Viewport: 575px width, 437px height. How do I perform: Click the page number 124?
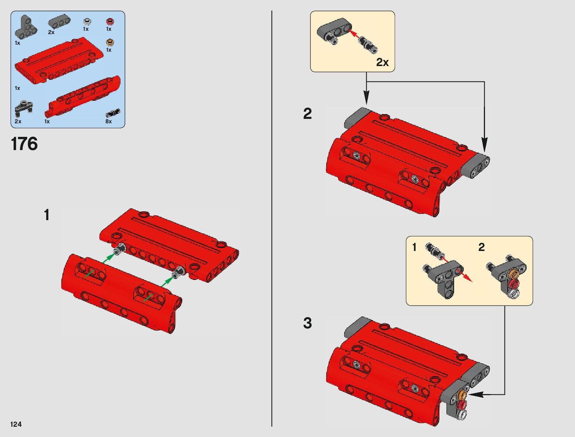pyautogui.click(x=16, y=424)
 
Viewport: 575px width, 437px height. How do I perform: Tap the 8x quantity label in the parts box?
pyautogui.click(x=108, y=121)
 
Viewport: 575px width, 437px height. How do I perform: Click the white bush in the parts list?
pyautogui.click(x=87, y=21)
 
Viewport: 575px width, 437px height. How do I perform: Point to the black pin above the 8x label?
pyautogui.click(x=113, y=113)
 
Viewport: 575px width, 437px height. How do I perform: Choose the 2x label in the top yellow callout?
pyautogui.click(x=382, y=62)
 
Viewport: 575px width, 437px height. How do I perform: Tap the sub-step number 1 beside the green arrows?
pyautogui.click(x=47, y=215)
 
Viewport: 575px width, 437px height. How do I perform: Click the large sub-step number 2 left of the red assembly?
pyautogui.click(x=308, y=114)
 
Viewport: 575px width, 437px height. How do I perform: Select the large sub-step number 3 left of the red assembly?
pyautogui.click(x=308, y=323)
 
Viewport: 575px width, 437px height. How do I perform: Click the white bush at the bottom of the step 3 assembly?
pyautogui.click(x=461, y=415)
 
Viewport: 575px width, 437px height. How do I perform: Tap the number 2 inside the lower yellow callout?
pyautogui.click(x=481, y=247)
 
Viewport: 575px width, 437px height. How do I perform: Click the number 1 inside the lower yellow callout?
pyautogui.click(x=414, y=247)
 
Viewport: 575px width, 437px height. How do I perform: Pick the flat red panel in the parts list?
pyautogui.click(x=59, y=61)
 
